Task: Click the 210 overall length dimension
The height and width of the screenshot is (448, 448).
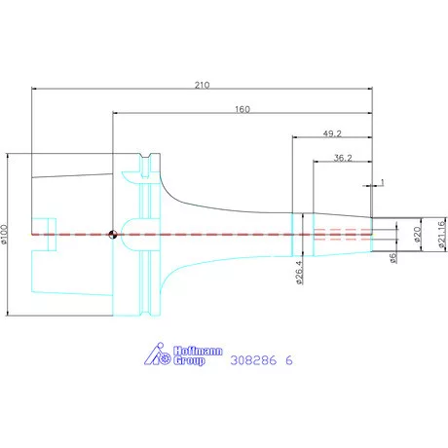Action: click(202, 85)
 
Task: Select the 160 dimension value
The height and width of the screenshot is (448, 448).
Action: click(243, 109)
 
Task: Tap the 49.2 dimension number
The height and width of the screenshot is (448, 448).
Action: click(332, 133)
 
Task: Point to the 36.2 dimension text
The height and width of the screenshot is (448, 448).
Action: click(343, 158)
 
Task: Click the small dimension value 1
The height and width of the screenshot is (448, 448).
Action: click(382, 182)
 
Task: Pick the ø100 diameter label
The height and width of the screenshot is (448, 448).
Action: click(4, 234)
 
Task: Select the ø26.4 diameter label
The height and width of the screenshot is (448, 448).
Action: click(299, 273)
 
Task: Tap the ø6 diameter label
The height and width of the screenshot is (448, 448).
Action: click(393, 258)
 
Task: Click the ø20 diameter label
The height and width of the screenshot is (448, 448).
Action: click(417, 235)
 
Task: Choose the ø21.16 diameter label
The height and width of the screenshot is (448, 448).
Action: click(441, 235)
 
